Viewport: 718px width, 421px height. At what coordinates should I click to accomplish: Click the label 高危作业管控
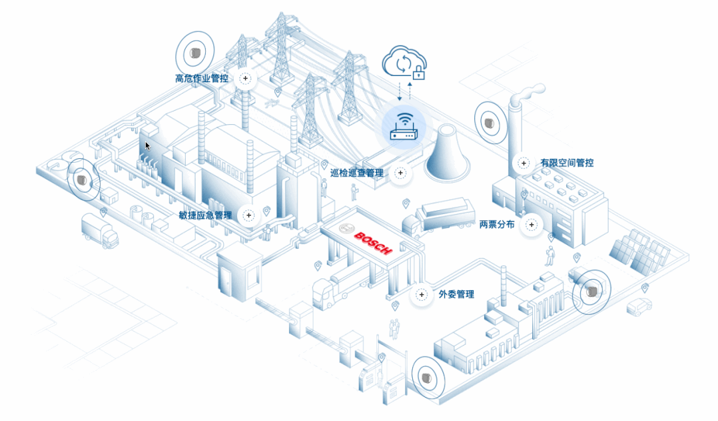[x=201, y=79]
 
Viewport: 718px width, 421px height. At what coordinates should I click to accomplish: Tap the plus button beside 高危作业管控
[x=246, y=79]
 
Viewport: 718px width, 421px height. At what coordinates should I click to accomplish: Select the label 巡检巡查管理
[x=357, y=173]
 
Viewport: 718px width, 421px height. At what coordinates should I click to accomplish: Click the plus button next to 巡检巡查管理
[x=400, y=173]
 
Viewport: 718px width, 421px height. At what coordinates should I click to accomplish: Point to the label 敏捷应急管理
[x=205, y=216]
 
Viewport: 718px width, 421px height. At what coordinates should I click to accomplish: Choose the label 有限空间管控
[x=567, y=163]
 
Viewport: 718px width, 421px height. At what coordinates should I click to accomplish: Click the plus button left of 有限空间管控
[x=524, y=163]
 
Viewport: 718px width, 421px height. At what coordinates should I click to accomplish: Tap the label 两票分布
[x=497, y=225]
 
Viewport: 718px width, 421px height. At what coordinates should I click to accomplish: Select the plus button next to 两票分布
[x=531, y=225]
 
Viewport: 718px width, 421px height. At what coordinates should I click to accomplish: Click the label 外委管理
[x=456, y=294]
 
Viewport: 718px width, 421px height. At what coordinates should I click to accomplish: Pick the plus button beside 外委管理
[x=422, y=294]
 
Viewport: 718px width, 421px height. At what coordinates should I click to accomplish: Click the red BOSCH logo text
[x=373, y=243]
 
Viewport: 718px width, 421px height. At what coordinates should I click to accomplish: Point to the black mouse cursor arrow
[x=148, y=145]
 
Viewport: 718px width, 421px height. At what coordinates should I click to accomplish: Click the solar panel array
[x=640, y=252]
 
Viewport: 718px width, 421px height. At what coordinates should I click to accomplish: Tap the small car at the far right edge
[x=639, y=307]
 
